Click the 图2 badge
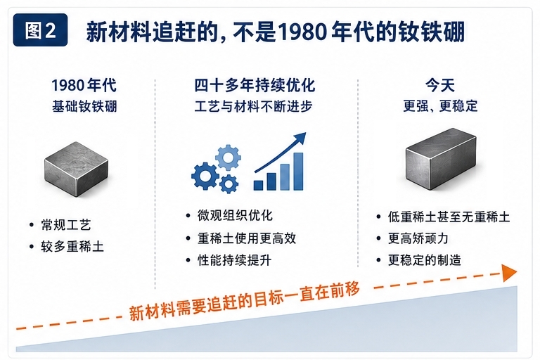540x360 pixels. click(40, 30)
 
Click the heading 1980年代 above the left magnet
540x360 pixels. click(84, 86)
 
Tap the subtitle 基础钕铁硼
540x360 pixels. click(84, 106)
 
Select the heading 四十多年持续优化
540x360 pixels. click(255, 85)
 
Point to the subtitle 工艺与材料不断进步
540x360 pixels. click(253, 106)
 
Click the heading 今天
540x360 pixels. click(440, 85)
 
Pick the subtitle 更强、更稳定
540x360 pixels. click(440, 105)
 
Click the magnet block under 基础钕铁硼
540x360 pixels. click(76, 169)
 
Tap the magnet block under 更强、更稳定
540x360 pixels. click(441, 158)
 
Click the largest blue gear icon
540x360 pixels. click(205, 176)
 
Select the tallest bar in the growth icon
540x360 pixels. click(298, 172)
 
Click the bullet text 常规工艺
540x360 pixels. click(66, 225)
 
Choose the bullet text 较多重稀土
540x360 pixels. click(72, 247)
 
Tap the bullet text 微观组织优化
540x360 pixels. click(235, 216)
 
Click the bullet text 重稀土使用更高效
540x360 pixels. click(247, 238)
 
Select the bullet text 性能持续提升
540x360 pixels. click(235, 260)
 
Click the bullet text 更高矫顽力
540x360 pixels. click(418, 238)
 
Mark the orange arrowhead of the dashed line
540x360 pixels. click(509, 273)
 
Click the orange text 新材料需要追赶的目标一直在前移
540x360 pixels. click(245, 300)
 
